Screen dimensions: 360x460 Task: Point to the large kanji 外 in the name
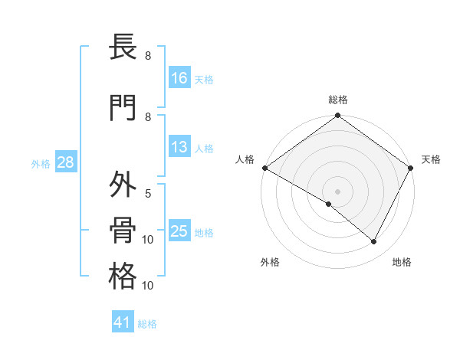pyautogui.click(x=123, y=186)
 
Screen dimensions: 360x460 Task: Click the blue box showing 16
pyautogui.click(x=179, y=78)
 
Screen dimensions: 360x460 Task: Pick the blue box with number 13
pyautogui.click(x=179, y=148)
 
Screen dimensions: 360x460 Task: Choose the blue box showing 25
pyautogui.click(x=179, y=231)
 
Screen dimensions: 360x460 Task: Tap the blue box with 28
pyautogui.click(x=65, y=162)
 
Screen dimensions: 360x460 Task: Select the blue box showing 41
pyautogui.click(x=123, y=322)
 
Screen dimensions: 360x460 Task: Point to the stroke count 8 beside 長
pyautogui.click(x=148, y=56)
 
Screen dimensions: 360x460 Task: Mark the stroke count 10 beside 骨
pyautogui.click(x=148, y=240)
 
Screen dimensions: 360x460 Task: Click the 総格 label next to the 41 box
pyautogui.click(x=147, y=324)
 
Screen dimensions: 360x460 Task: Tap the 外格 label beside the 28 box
pyautogui.click(x=40, y=163)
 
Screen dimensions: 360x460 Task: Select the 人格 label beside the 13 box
pyautogui.click(x=204, y=149)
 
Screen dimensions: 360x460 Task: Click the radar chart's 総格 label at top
pyautogui.click(x=338, y=100)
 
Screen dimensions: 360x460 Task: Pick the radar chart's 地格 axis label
pyautogui.click(x=402, y=262)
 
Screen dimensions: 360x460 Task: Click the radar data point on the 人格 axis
pyautogui.click(x=264, y=168)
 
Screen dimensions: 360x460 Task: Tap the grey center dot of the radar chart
pyautogui.click(x=337, y=191)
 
